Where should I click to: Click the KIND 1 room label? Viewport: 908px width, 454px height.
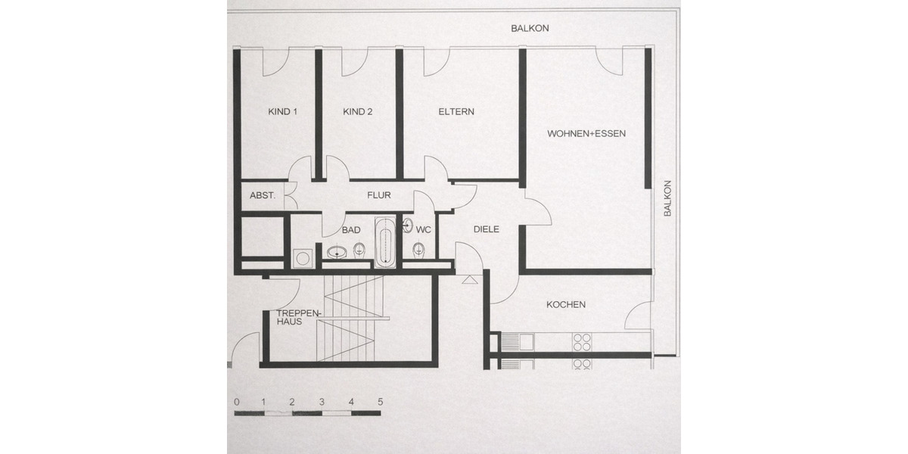(282, 112)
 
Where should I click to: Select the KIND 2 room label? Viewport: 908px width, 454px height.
(358, 112)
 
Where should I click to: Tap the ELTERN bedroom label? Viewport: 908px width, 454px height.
(456, 112)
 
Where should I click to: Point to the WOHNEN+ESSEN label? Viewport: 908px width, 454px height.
(586, 134)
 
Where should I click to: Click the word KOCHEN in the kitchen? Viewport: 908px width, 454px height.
(566, 305)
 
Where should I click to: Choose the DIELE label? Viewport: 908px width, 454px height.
(487, 229)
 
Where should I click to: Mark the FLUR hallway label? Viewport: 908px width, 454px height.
(379, 195)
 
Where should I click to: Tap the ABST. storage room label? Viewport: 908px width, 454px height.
(262, 195)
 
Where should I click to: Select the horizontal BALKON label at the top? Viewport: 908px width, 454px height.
(530, 28)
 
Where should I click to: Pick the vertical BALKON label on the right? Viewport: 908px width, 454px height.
(667, 198)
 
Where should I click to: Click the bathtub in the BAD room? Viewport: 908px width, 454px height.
(384, 243)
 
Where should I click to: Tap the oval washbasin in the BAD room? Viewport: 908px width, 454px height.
(337, 252)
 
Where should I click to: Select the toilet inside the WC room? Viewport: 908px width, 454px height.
(418, 249)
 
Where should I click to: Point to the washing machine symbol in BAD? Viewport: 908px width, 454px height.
(303, 258)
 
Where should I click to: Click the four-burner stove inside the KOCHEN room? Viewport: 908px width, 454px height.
(582, 341)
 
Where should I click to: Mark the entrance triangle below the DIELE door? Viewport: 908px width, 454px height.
(469, 279)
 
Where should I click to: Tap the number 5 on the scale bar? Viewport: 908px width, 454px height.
(380, 402)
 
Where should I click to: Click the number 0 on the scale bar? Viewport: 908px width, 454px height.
(237, 402)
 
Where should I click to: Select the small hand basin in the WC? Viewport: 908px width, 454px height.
(407, 225)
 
